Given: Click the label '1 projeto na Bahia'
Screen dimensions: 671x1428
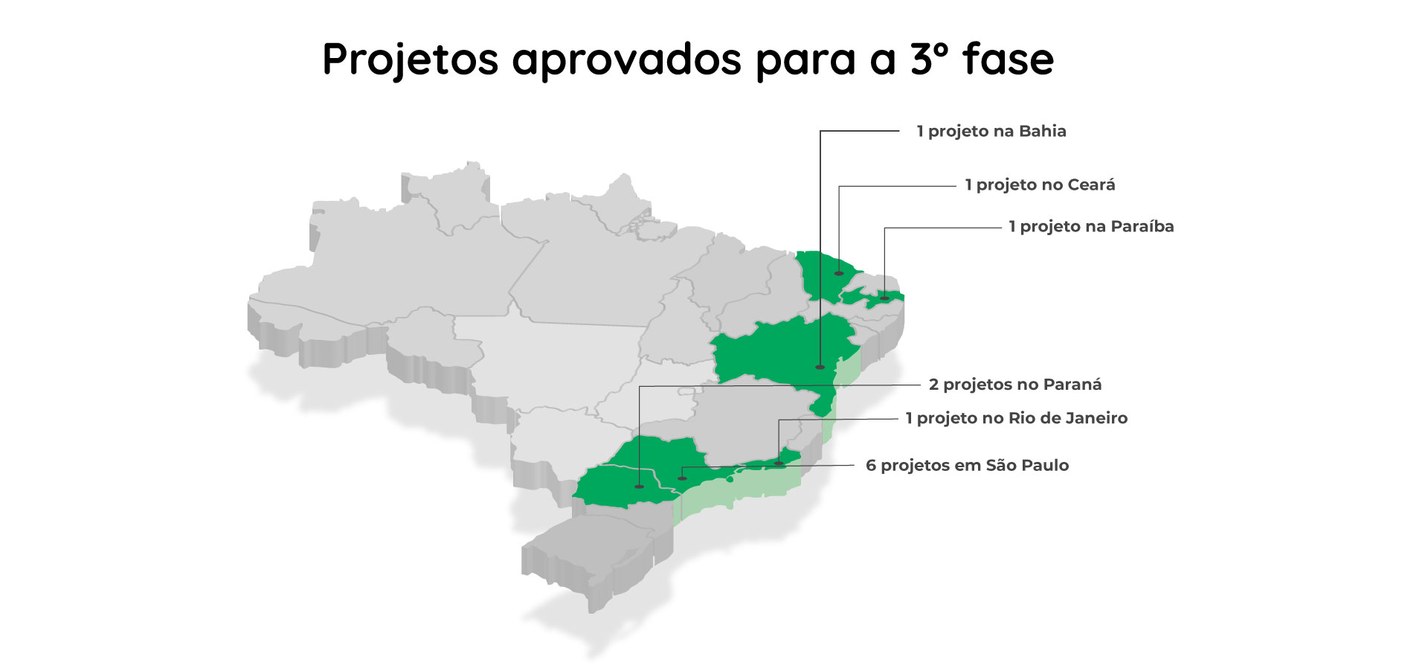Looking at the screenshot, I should tap(991, 132).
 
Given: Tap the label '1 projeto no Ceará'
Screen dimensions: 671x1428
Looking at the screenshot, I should tap(1040, 185).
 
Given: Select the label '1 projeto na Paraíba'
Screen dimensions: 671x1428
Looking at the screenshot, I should tap(1091, 227).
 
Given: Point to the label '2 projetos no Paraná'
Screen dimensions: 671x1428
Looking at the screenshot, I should tap(1014, 385).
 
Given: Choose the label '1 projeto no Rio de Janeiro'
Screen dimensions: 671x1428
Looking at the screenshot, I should tap(1016, 418).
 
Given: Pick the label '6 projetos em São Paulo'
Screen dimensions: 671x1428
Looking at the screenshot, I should tap(967, 466).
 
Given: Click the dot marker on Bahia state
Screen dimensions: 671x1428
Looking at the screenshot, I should tap(820, 367).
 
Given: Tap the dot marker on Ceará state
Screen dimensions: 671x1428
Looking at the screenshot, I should tap(839, 274).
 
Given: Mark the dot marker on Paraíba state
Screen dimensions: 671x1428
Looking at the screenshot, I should tap(884, 298).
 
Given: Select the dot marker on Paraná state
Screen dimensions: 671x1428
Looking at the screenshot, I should tap(639, 487).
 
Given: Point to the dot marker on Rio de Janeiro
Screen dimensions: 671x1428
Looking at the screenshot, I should tap(779, 463).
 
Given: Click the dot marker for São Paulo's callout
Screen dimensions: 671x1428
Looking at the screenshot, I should tap(682, 478).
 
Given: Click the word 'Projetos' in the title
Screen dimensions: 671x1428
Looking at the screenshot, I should tap(410, 60).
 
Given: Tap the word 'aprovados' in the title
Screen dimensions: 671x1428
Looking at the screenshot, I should tap(626, 60).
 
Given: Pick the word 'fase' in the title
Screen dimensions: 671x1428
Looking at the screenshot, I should tap(1008, 60).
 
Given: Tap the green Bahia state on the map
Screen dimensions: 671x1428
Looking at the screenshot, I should tap(773, 353).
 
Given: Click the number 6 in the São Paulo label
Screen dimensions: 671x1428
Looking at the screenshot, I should tap(871, 466).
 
